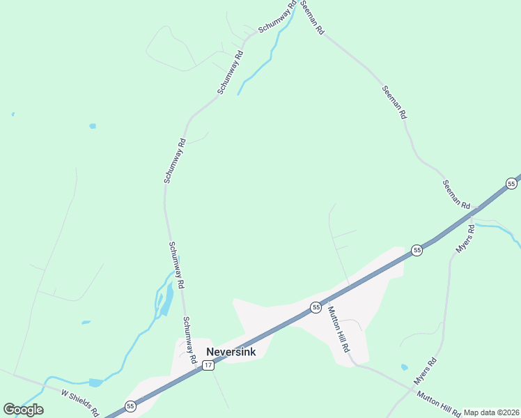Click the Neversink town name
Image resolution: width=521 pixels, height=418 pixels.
coord(231,352)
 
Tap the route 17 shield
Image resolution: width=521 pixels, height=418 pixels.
coord(208,365)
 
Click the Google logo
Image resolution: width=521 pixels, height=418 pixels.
coord(23,410)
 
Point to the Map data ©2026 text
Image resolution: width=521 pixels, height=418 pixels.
coord(491,412)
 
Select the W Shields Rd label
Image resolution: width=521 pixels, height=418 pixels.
coord(79,402)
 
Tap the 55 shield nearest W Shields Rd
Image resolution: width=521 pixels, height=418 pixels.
coord(130,405)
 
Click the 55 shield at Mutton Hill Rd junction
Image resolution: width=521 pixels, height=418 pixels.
coord(316,307)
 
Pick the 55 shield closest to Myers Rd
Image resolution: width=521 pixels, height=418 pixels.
coord(417,250)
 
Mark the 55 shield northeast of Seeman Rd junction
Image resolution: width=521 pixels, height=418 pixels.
coord(511,184)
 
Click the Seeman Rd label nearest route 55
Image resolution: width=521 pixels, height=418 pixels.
coord(456,194)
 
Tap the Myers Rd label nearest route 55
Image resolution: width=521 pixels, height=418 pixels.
coord(464,239)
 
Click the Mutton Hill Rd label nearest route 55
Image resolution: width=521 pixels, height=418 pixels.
coord(338,329)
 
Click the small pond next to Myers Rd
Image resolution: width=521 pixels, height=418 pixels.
coord(405,366)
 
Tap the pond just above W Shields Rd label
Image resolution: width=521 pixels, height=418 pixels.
coord(95,382)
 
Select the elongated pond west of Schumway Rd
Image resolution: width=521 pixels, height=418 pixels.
coord(166,299)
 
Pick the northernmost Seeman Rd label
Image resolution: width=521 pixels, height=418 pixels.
coord(313,18)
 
